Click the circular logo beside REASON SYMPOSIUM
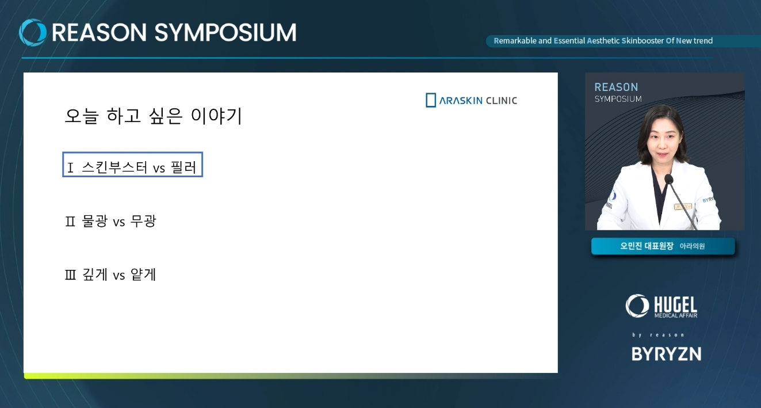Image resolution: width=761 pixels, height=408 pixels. pos(33,32)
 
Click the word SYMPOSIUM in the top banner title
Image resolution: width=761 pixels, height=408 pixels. pos(225,33)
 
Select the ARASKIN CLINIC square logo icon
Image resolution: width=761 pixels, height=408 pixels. pos(431,100)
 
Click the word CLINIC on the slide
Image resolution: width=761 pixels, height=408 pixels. pos(502,101)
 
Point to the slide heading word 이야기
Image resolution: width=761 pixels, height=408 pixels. pos(216,116)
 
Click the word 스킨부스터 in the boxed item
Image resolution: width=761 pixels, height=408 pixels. pos(114,167)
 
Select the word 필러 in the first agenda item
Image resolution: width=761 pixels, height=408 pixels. pos(183,167)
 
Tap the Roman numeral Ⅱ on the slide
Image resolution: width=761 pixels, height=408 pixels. pos(70,222)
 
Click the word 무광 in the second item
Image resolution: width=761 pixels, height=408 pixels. pos(143,221)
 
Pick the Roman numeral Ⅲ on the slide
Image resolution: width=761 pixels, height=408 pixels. pos(70,274)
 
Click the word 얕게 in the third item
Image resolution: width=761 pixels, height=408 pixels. pos(143,274)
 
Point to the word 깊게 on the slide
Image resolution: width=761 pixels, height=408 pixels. pos(95,274)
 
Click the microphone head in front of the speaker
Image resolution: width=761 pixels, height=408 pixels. pos(668,179)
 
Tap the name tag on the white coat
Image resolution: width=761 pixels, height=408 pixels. pos(683,207)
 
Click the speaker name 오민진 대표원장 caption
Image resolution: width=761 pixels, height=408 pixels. pos(647,246)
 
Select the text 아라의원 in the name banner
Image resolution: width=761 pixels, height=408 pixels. pos(692,246)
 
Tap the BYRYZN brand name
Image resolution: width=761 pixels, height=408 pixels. pos(666,354)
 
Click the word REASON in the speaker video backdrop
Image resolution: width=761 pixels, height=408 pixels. pos(616,87)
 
